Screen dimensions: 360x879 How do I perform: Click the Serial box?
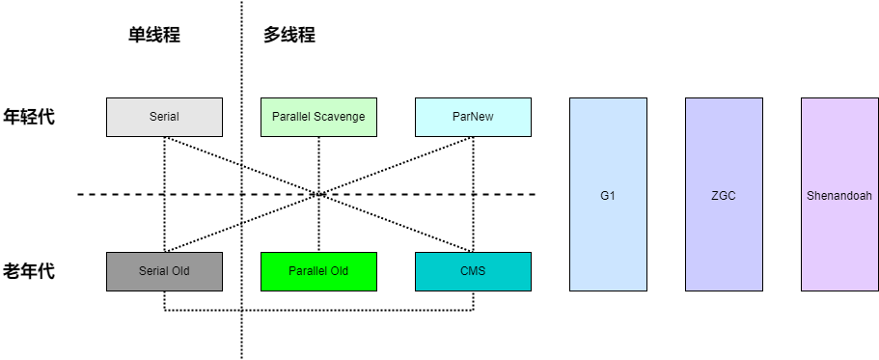coord(164,117)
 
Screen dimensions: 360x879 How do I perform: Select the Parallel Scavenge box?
coord(318,117)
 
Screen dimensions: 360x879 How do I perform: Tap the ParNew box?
coord(473,117)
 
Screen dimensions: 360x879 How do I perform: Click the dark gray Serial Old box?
coord(164,271)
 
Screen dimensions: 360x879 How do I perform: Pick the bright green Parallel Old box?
coord(318,271)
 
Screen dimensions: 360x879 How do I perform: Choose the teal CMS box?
coord(473,271)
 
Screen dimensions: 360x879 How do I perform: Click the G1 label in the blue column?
coord(608,195)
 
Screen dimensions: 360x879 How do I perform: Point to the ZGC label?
coord(724,195)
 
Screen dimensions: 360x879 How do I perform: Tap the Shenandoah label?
coord(839,195)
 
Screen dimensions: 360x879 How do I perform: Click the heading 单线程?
coord(154,36)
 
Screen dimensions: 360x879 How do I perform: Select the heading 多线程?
coord(289,36)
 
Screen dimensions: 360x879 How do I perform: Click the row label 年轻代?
coord(29,117)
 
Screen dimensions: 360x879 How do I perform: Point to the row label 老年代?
coord(29,271)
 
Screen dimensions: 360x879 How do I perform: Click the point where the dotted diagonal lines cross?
coord(318,194)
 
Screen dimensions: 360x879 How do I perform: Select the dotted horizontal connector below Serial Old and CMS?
coord(318,310)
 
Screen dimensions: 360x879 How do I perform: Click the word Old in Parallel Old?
coord(337,271)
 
